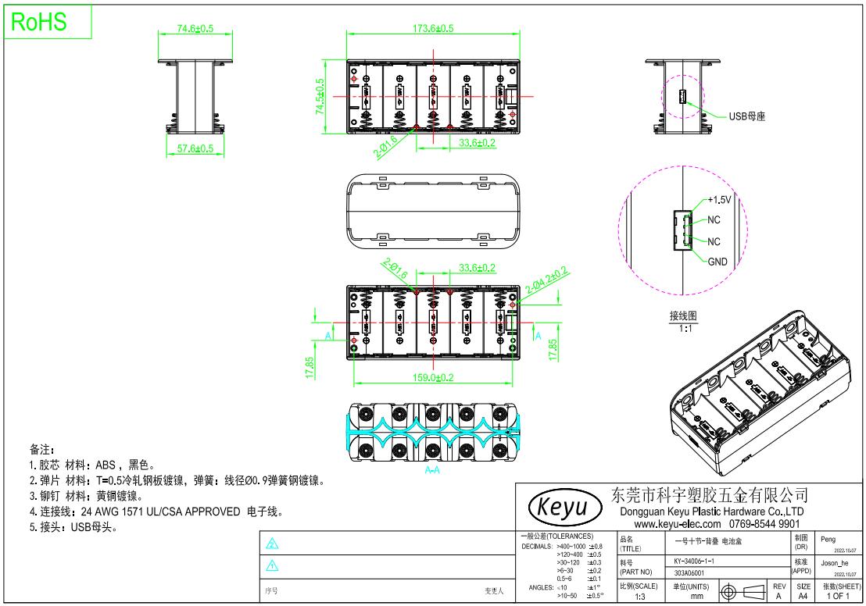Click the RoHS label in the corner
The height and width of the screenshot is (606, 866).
coord(38,23)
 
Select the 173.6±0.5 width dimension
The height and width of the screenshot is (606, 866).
coord(432,28)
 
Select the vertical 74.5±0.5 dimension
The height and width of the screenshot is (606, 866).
coord(320,97)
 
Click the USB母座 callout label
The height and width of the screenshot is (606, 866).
coord(746,116)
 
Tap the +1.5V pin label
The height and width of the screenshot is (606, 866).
coord(719,200)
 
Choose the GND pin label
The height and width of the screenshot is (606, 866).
coord(717,262)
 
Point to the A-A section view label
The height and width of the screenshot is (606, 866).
coord(431,471)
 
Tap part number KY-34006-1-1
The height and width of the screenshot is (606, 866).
coord(694,561)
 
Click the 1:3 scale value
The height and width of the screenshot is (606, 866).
coord(639,596)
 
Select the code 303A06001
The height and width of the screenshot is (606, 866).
coord(689,572)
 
